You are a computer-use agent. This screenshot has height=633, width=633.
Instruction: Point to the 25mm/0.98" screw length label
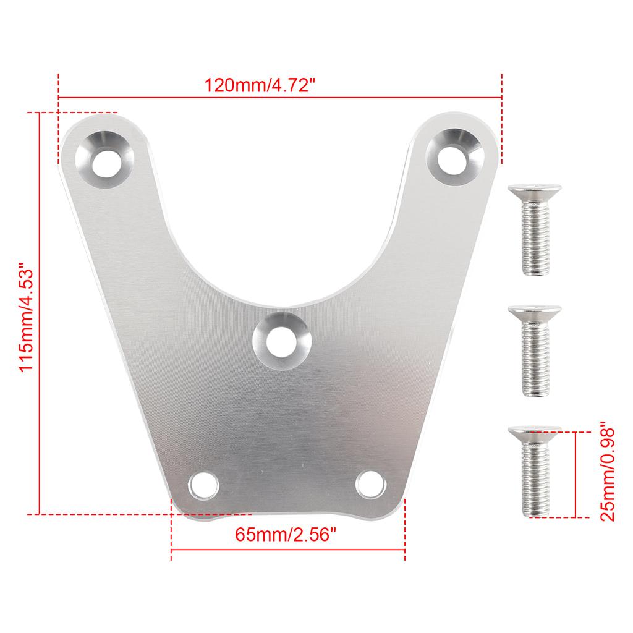tap(608, 472)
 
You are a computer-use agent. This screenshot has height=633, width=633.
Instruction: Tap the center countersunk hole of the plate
tap(281, 339)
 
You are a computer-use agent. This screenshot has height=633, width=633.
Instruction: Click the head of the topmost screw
tap(535, 190)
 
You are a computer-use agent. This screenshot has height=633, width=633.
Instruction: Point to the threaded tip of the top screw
tap(535, 269)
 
